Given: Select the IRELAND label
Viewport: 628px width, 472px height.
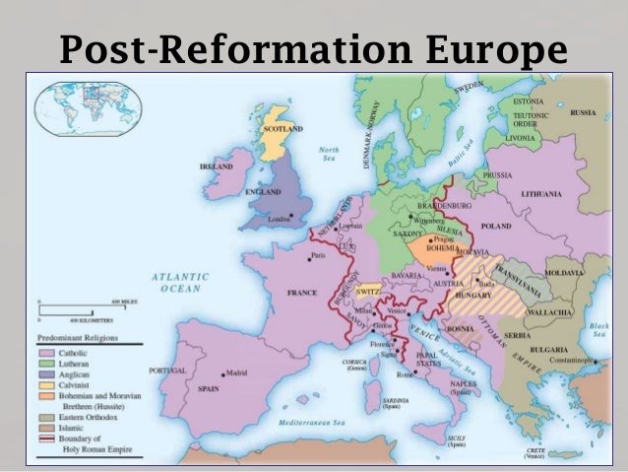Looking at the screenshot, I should click(216, 168).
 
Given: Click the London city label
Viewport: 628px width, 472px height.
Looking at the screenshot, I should click(279, 218).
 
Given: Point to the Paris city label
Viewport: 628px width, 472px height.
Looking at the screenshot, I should click(318, 256).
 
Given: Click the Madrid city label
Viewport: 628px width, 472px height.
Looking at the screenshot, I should click(236, 373).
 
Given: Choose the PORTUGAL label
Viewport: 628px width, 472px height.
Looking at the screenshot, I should click(166, 371).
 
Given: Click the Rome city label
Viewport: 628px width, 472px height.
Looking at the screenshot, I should click(404, 374).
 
